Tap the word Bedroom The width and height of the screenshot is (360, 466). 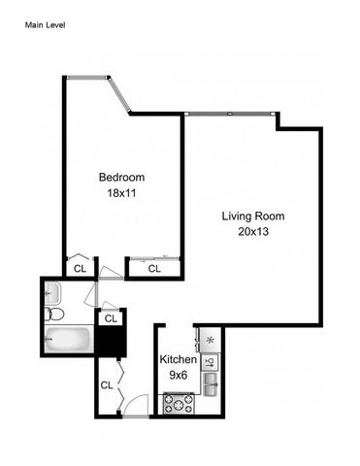(121, 177)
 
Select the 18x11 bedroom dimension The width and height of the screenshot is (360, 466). (121, 192)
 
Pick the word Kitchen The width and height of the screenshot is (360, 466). (179, 360)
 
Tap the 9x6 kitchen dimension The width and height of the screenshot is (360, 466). (179, 375)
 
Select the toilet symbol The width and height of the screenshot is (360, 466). (57, 316)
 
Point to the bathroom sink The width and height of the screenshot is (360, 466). (52, 292)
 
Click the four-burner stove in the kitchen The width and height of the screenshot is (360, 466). (180, 401)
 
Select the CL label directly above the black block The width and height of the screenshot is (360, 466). (110, 317)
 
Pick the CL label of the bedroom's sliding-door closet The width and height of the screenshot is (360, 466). (152, 269)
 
